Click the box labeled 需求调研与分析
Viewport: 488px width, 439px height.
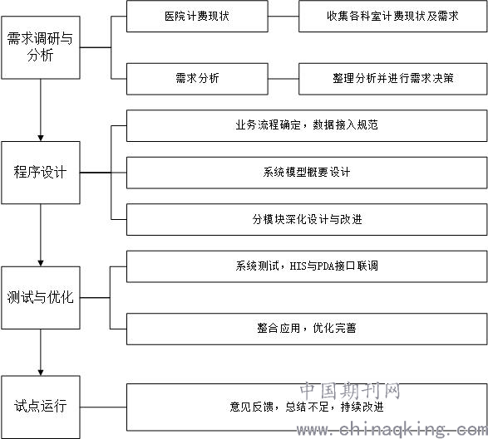pyautogui.click(x=41, y=47)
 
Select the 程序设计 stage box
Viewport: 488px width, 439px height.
pyautogui.click(x=41, y=173)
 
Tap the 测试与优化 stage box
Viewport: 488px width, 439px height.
pyautogui.click(x=41, y=298)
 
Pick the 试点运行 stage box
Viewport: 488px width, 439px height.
pyautogui.click(x=41, y=407)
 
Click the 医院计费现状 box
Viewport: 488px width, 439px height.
pyautogui.click(x=197, y=16)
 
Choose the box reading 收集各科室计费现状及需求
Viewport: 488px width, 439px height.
pyautogui.click(x=392, y=16)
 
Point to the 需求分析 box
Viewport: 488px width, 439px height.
pyautogui.click(x=197, y=79)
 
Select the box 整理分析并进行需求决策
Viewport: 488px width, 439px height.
pyautogui.click(x=392, y=79)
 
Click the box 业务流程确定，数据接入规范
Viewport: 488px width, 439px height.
pyautogui.click(x=307, y=126)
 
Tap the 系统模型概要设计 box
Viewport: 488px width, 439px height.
pyautogui.click(x=307, y=173)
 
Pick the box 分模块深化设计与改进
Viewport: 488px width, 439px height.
pyautogui.click(x=307, y=220)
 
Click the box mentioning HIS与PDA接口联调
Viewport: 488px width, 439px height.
pyautogui.click(x=307, y=266)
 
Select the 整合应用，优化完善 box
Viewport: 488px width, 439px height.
pyautogui.click(x=307, y=329)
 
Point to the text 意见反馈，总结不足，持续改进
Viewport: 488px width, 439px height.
pyautogui.click(x=307, y=407)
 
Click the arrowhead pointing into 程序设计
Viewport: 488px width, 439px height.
pyautogui.click(x=41, y=138)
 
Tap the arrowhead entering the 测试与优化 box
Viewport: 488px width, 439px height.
pyautogui.click(x=41, y=263)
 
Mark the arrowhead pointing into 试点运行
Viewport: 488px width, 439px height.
pyautogui.click(x=41, y=373)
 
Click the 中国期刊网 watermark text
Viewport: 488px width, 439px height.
pyautogui.click(x=350, y=391)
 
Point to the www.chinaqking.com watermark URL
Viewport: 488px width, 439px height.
pyautogui.click(x=392, y=430)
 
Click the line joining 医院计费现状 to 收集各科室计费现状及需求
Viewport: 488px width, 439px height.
pyautogui.click(x=283, y=16)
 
